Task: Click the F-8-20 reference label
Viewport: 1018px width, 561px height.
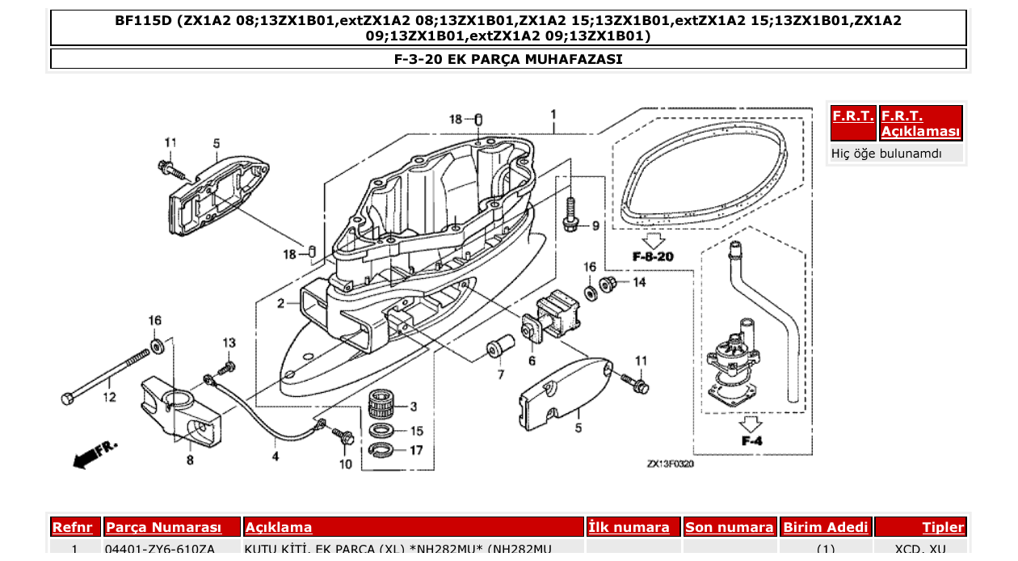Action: click(653, 256)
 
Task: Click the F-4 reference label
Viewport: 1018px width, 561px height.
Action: click(751, 441)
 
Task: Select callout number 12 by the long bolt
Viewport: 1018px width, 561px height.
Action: click(109, 397)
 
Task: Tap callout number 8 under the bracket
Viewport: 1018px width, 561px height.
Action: click(190, 461)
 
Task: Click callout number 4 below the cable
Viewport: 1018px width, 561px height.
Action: click(276, 456)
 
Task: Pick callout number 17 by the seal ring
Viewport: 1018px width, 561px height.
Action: click(416, 450)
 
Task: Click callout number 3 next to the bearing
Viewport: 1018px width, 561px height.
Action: click(413, 407)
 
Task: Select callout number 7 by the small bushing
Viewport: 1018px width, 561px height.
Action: click(500, 374)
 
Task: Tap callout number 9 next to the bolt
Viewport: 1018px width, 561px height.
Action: click(596, 226)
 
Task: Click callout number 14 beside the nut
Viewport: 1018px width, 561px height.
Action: click(638, 282)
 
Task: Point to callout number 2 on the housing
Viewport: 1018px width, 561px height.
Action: click(280, 304)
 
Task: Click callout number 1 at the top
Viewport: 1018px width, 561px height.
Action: click(553, 114)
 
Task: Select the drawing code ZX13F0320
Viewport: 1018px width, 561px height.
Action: click(671, 465)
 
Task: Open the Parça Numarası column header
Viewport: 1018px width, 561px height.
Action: click(163, 527)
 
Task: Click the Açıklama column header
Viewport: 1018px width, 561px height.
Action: click(279, 527)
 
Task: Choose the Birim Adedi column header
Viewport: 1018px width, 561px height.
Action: click(825, 527)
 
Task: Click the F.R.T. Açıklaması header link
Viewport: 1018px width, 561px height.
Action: click(920, 124)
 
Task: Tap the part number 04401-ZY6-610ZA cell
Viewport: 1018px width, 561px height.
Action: click(160, 550)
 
